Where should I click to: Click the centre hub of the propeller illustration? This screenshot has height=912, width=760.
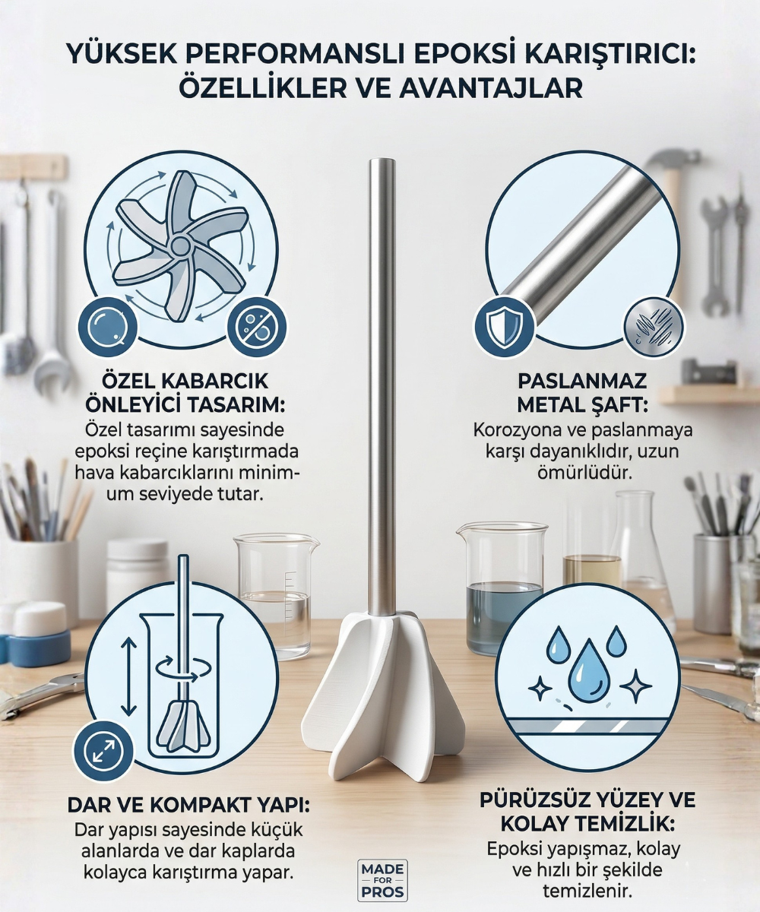179,245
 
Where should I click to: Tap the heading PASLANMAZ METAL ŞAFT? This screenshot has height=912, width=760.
582,393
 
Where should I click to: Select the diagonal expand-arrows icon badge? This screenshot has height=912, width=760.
103,749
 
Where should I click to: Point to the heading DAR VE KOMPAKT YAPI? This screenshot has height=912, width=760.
188,805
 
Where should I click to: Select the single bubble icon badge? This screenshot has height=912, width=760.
107,327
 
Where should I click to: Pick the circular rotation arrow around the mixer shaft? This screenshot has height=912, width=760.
183,670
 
